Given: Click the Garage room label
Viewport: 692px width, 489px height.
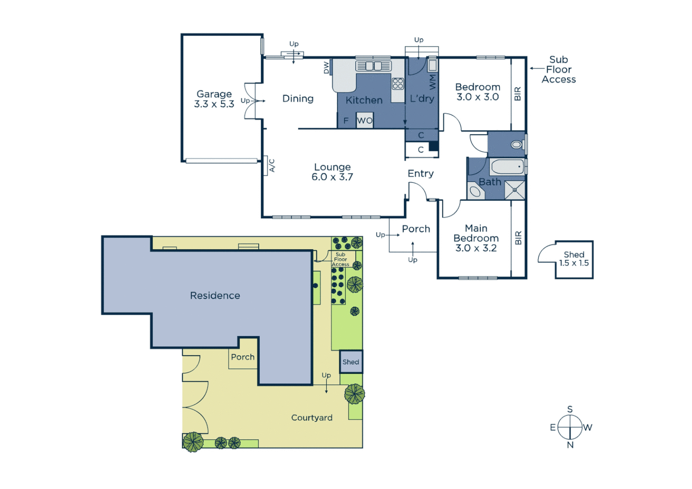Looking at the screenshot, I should (x=214, y=99).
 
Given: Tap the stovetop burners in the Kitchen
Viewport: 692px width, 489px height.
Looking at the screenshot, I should (x=398, y=84).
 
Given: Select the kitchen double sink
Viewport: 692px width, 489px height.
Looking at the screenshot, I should (x=374, y=66).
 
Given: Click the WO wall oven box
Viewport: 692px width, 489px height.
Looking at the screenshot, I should (x=365, y=120).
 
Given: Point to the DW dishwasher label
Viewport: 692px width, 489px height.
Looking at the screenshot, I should (x=327, y=67).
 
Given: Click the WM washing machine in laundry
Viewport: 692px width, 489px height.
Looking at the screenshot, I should (x=432, y=66).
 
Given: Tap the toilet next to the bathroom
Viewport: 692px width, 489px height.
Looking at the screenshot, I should (x=516, y=145).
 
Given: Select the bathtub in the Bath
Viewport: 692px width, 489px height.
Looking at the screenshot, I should (x=507, y=167).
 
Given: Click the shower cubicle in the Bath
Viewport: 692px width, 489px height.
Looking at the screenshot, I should (x=514, y=190).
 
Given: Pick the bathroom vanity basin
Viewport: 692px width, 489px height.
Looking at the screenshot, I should (x=475, y=192).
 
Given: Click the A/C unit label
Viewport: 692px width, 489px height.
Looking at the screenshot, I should (x=272, y=166).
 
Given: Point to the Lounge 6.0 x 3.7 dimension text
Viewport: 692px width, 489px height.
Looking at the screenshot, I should (x=332, y=177).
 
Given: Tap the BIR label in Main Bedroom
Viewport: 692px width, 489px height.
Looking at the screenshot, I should (x=518, y=238).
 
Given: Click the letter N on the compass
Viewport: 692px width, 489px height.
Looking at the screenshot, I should (x=570, y=445).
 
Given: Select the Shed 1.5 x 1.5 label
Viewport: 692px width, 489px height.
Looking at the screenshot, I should (x=574, y=259).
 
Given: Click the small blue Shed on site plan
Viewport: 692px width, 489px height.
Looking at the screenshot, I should (x=351, y=362).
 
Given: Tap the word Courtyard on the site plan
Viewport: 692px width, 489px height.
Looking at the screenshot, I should (x=312, y=417).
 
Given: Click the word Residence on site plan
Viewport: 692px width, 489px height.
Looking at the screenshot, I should (x=215, y=296).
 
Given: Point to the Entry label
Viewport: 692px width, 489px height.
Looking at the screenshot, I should (x=420, y=173).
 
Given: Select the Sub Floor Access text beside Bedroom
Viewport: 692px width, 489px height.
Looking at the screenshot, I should (x=558, y=70).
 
